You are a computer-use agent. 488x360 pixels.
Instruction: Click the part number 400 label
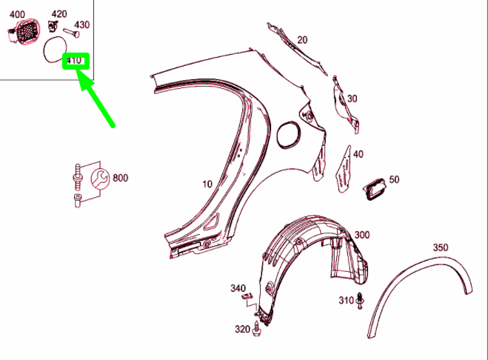[17, 14]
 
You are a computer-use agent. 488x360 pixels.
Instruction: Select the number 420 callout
[59, 14]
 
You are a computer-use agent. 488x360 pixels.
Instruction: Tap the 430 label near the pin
[82, 25]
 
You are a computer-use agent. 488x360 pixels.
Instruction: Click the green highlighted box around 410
[76, 61]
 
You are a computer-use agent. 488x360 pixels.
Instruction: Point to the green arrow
[96, 99]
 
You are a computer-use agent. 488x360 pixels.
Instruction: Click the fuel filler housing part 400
[24, 31]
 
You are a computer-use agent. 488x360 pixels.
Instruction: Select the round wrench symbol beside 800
[100, 179]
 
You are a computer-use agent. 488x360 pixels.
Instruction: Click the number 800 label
[121, 178]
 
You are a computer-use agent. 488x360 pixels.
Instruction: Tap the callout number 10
[207, 184]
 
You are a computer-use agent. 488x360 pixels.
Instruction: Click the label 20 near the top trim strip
[302, 40]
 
